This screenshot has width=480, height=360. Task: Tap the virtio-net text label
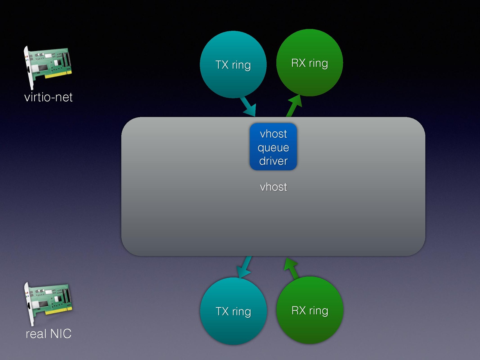pyautogui.click(x=48, y=97)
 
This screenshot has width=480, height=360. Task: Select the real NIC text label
pyautogui.click(x=48, y=334)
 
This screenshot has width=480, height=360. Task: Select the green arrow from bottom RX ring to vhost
pyautogui.click(x=292, y=267)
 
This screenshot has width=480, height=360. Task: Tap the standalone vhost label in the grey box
pyautogui.click(x=273, y=187)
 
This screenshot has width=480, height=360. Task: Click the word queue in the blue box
pyautogui.click(x=273, y=148)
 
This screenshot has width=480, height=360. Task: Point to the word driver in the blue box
pyautogui.click(x=273, y=161)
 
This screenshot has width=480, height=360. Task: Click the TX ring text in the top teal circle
pyautogui.click(x=233, y=65)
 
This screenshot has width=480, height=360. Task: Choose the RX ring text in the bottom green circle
pyautogui.click(x=310, y=310)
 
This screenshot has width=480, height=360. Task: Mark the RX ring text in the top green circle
pyautogui.click(x=309, y=63)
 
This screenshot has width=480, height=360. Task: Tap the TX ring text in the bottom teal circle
pyautogui.click(x=233, y=311)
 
